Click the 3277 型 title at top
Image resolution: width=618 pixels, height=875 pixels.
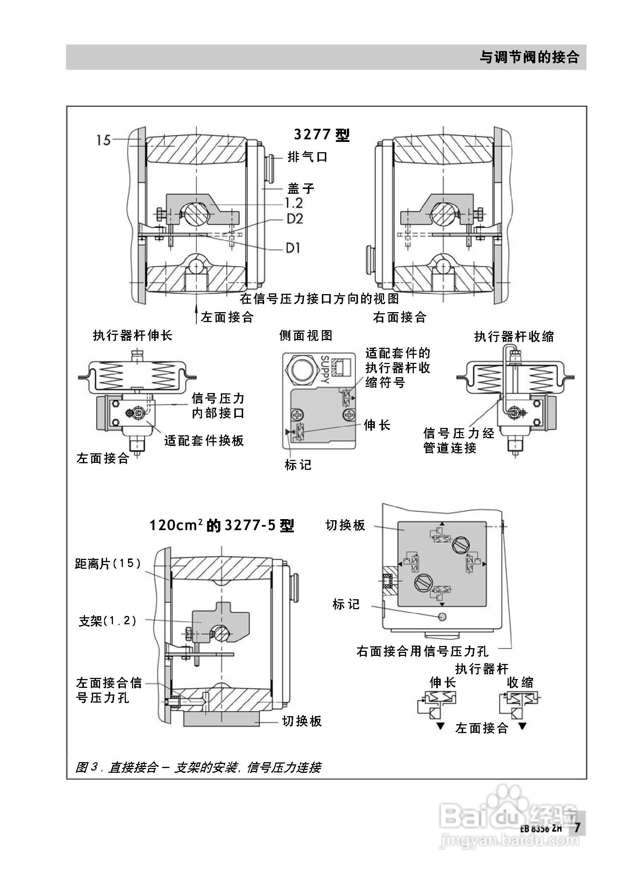coord(322,135)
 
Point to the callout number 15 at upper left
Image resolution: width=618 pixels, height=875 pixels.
coord(103,140)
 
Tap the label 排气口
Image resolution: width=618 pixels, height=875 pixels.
coord(307,157)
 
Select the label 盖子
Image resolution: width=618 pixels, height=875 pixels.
coord(301,188)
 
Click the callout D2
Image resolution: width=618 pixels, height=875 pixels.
coord(295,219)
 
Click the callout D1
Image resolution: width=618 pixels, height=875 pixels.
coord(293,249)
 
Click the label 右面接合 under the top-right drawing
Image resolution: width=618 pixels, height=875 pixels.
coord(399,317)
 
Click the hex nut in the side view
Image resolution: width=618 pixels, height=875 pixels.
coord(302,369)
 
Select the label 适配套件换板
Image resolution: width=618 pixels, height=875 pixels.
coord(204,441)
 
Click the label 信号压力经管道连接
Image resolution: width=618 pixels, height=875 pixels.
coord(458,440)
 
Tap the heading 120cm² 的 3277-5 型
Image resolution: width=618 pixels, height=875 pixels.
coord(221,525)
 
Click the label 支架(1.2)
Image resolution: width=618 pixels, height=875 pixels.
coord(107,621)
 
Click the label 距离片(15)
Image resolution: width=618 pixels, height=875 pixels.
coord(108,563)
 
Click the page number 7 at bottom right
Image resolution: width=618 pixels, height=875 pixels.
coord(577,828)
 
